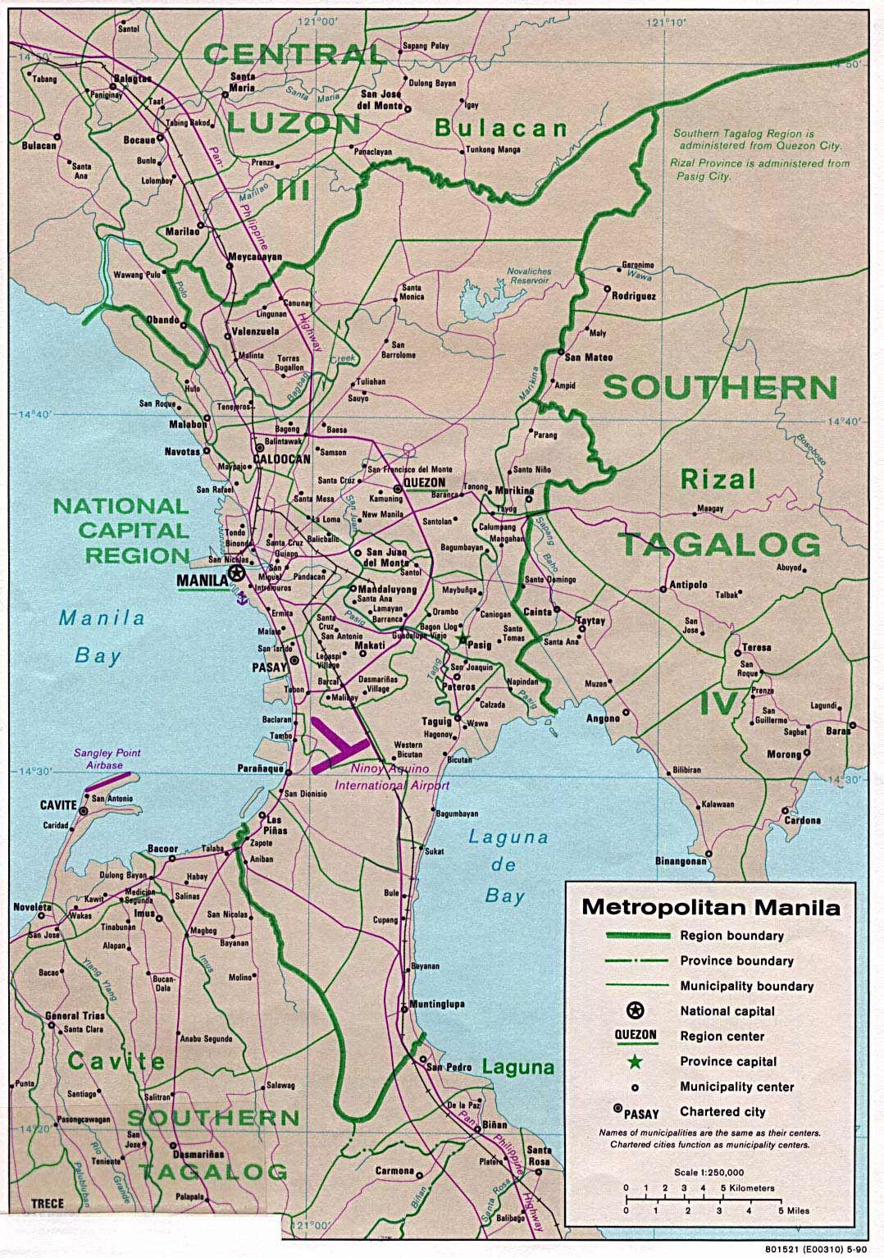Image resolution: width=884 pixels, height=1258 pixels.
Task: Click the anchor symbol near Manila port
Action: tap(241, 601)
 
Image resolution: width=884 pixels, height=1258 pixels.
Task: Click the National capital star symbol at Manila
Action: tap(237, 573)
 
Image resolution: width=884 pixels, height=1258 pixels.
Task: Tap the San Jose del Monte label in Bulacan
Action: tap(380, 100)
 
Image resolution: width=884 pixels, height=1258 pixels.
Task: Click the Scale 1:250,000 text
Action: tap(710, 1172)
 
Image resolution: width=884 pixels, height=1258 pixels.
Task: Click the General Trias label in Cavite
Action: tap(74, 1015)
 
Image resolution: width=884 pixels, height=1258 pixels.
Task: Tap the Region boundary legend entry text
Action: tap(731, 936)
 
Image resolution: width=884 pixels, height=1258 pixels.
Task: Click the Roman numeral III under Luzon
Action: tap(293, 190)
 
